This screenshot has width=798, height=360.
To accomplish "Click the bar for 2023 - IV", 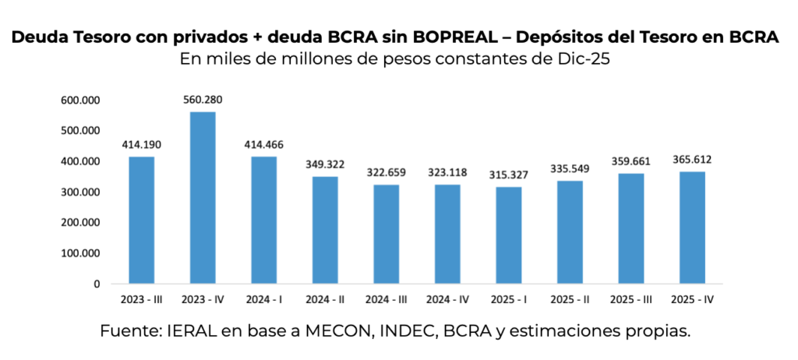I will (x=203, y=198).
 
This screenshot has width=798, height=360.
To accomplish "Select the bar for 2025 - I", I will (x=509, y=235).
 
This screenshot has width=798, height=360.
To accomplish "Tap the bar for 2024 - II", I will (x=325, y=230).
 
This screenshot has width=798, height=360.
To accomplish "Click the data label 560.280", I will (x=203, y=101).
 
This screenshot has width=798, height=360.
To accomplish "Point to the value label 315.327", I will (x=509, y=175).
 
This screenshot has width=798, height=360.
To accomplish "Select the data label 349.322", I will (x=325, y=164).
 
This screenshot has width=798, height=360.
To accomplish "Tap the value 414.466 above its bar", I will (x=263, y=145).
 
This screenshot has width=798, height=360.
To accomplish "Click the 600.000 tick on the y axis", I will (x=82, y=101).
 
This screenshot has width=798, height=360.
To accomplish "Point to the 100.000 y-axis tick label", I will (x=82, y=253).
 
